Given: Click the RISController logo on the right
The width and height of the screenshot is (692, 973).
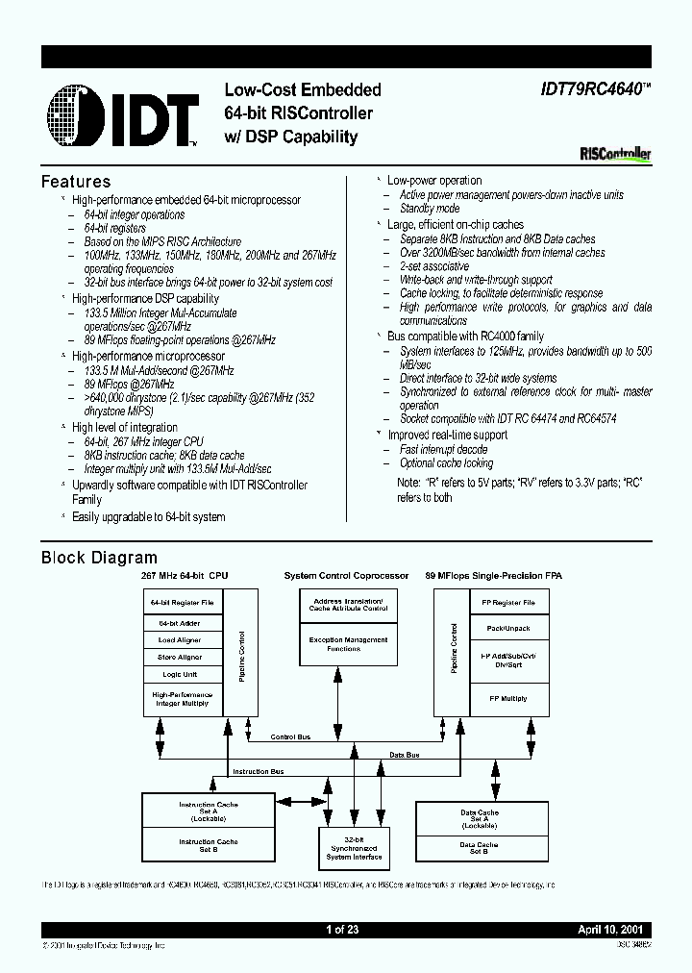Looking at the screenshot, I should click(x=616, y=153).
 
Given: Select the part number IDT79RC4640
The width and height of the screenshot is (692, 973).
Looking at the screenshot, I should click(x=590, y=89).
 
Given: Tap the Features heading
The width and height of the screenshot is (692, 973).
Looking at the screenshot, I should click(x=76, y=182).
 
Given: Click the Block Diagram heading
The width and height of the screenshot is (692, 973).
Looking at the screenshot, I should click(x=99, y=558).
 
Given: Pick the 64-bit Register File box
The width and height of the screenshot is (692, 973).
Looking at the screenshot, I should click(x=181, y=603).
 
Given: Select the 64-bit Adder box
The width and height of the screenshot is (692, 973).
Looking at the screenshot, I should click(x=181, y=622).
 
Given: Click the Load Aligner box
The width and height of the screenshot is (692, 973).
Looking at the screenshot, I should click(x=181, y=639).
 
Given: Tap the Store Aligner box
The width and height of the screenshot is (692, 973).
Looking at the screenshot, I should click(x=181, y=658).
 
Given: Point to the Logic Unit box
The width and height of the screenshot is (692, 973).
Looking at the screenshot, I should click(x=181, y=675).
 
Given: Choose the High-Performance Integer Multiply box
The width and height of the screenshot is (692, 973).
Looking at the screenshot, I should click(x=181, y=698).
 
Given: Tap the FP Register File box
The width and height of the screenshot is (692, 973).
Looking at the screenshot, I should click(x=508, y=603).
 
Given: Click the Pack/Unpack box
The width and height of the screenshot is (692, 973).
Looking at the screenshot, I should click(x=508, y=628).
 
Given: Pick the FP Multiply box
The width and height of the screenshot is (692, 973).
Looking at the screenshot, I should click(x=508, y=698).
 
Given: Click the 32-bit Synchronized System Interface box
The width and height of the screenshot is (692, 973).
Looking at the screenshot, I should click(x=355, y=847).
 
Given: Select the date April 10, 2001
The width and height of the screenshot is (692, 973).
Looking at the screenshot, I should click(x=613, y=930).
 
